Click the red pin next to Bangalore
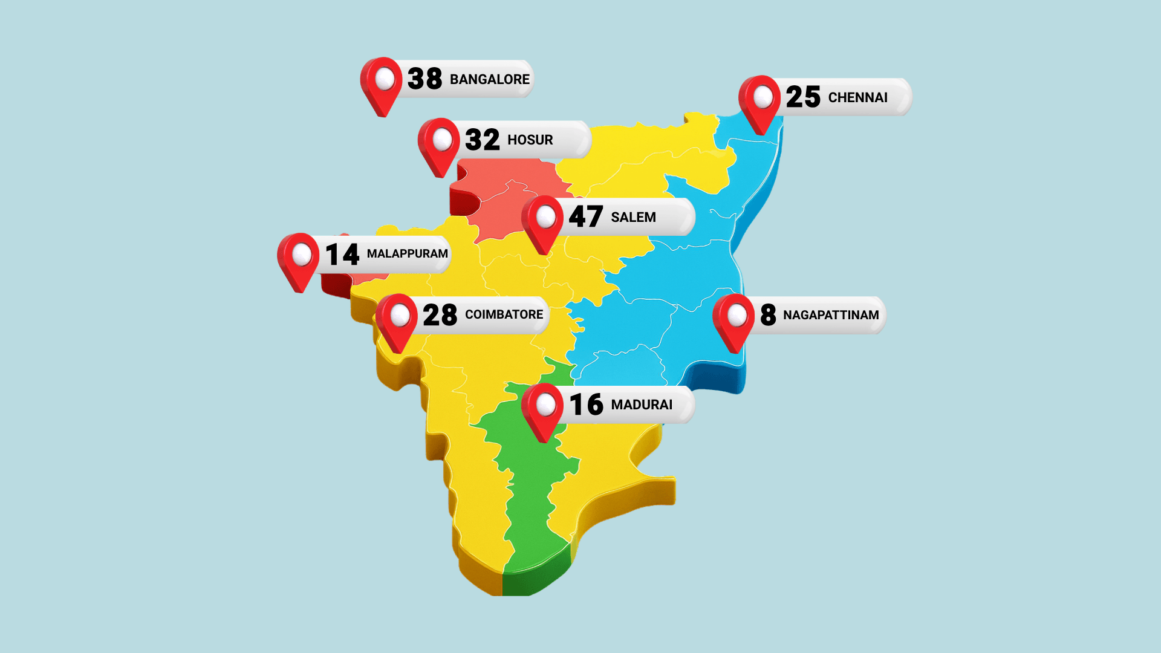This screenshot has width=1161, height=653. (x=382, y=82)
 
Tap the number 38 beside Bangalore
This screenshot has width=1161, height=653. (x=424, y=79)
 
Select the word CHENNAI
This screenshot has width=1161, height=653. (x=857, y=97)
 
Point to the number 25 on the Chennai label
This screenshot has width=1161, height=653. (x=802, y=97)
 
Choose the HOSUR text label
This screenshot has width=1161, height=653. (x=530, y=140)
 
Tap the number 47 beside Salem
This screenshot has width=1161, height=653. (x=585, y=216)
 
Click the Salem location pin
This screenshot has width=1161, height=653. (x=544, y=220)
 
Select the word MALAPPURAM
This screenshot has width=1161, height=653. (x=407, y=253)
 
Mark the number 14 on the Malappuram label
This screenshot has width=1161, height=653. (x=342, y=254)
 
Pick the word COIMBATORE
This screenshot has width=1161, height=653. (x=504, y=314)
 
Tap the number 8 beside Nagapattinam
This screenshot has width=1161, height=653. (x=768, y=315)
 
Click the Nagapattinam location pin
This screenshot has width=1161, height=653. (x=735, y=319)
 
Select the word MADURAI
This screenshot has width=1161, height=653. (x=642, y=404)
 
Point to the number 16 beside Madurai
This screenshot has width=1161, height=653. (x=586, y=404)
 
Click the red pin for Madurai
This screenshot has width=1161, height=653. (x=544, y=408)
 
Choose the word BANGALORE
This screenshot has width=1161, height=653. (x=489, y=79)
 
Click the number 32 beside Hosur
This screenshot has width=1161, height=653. (x=482, y=140)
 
